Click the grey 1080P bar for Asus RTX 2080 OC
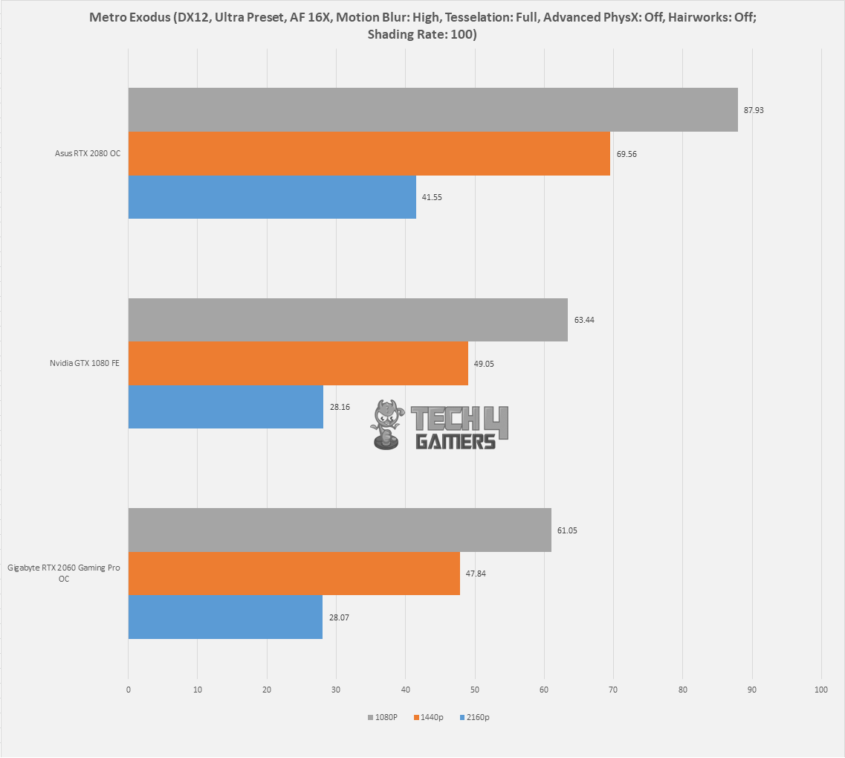coord(433,109)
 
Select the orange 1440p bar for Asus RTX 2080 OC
coord(369,154)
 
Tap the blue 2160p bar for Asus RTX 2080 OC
coord(272,197)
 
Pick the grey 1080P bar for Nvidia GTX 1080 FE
coord(348,320)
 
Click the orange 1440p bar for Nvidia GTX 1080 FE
coord(298,363)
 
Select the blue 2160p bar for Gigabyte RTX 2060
coord(225,617)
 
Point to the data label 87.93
coord(754,110)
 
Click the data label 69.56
coord(627,154)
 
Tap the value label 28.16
coord(340,407)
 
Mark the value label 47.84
coord(476,574)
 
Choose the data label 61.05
coord(567,530)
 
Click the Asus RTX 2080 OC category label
coord(87,153)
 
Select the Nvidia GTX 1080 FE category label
coord(85,363)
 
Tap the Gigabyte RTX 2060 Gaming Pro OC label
coord(64,573)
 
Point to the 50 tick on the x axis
coord(475,690)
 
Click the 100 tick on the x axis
coord(820,690)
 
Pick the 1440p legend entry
coord(428,717)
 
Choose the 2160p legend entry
coord(475,717)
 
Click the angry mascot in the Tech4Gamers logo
coord(387,425)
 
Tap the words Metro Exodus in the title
coord(129,16)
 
